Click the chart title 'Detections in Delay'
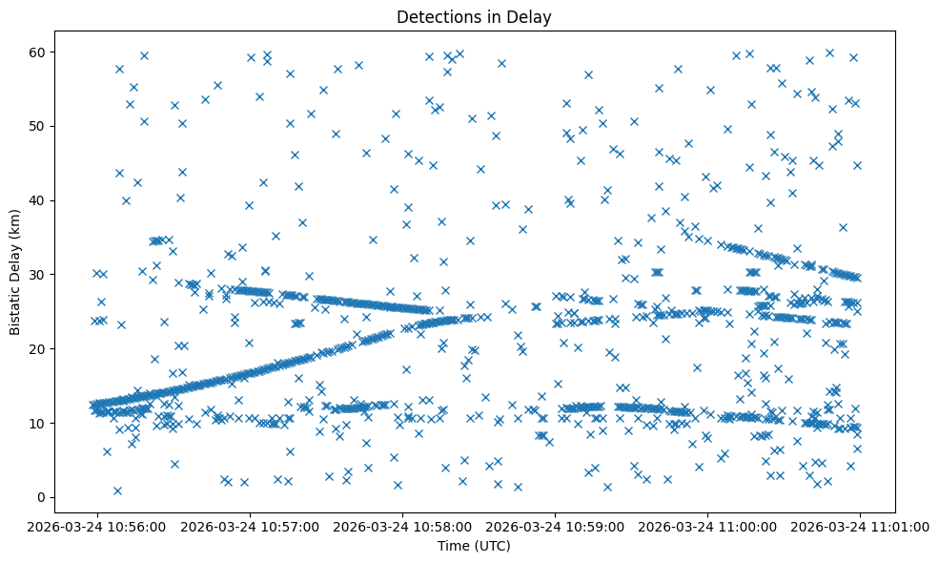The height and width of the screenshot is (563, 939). tap(474, 17)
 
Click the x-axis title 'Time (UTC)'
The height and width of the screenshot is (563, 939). tap(474, 546)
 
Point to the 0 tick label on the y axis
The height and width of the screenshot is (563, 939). tap(41, 497)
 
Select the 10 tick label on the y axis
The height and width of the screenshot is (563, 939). tap(37, 423)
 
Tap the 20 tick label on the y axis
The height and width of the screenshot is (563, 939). tap(37, 348)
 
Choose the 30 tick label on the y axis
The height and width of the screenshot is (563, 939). tap(37, 275)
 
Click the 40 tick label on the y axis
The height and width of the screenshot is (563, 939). tap(37, 200)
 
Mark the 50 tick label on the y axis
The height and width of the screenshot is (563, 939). tap(37, 126)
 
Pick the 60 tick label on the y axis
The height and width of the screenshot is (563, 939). tap(37, 52)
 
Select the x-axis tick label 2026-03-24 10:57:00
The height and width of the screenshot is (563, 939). tap(250, 525)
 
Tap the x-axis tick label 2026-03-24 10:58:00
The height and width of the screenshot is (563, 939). tap(402, 525)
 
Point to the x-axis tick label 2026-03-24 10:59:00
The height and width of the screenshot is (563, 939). tap(555, 525)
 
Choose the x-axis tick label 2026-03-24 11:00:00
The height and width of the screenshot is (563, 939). tap(707, 525)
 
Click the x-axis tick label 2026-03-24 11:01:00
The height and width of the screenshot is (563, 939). tap(860, 525)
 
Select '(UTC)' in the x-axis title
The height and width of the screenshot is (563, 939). tap(492, 546)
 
